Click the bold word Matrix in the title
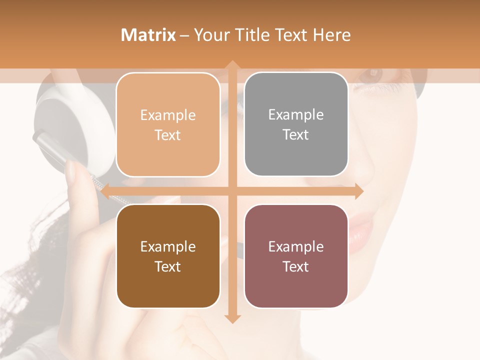pos(148,35)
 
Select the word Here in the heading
pos(331,35)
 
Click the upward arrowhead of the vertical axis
pos(232,65)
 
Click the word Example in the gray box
pos(296,115)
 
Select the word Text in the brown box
pos(167,266)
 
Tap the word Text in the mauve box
pos(296,266)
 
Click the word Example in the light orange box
pos(168,115)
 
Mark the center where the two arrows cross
pos(232,191)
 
